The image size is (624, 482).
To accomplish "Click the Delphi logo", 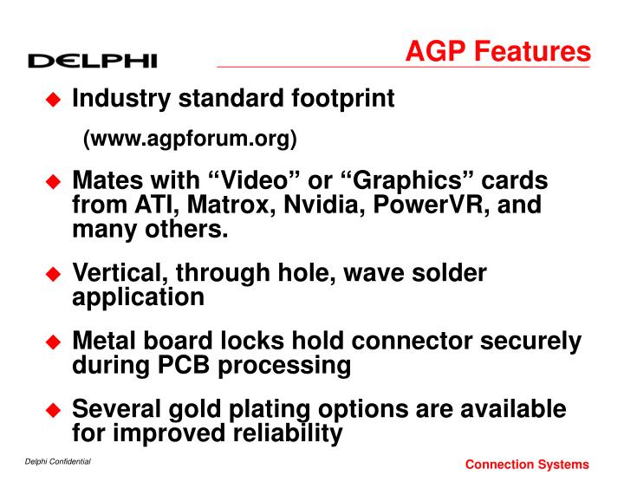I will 92,60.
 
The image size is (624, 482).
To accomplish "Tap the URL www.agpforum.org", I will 190,139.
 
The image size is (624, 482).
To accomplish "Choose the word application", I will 139,297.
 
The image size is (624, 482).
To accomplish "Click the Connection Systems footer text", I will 527,466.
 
